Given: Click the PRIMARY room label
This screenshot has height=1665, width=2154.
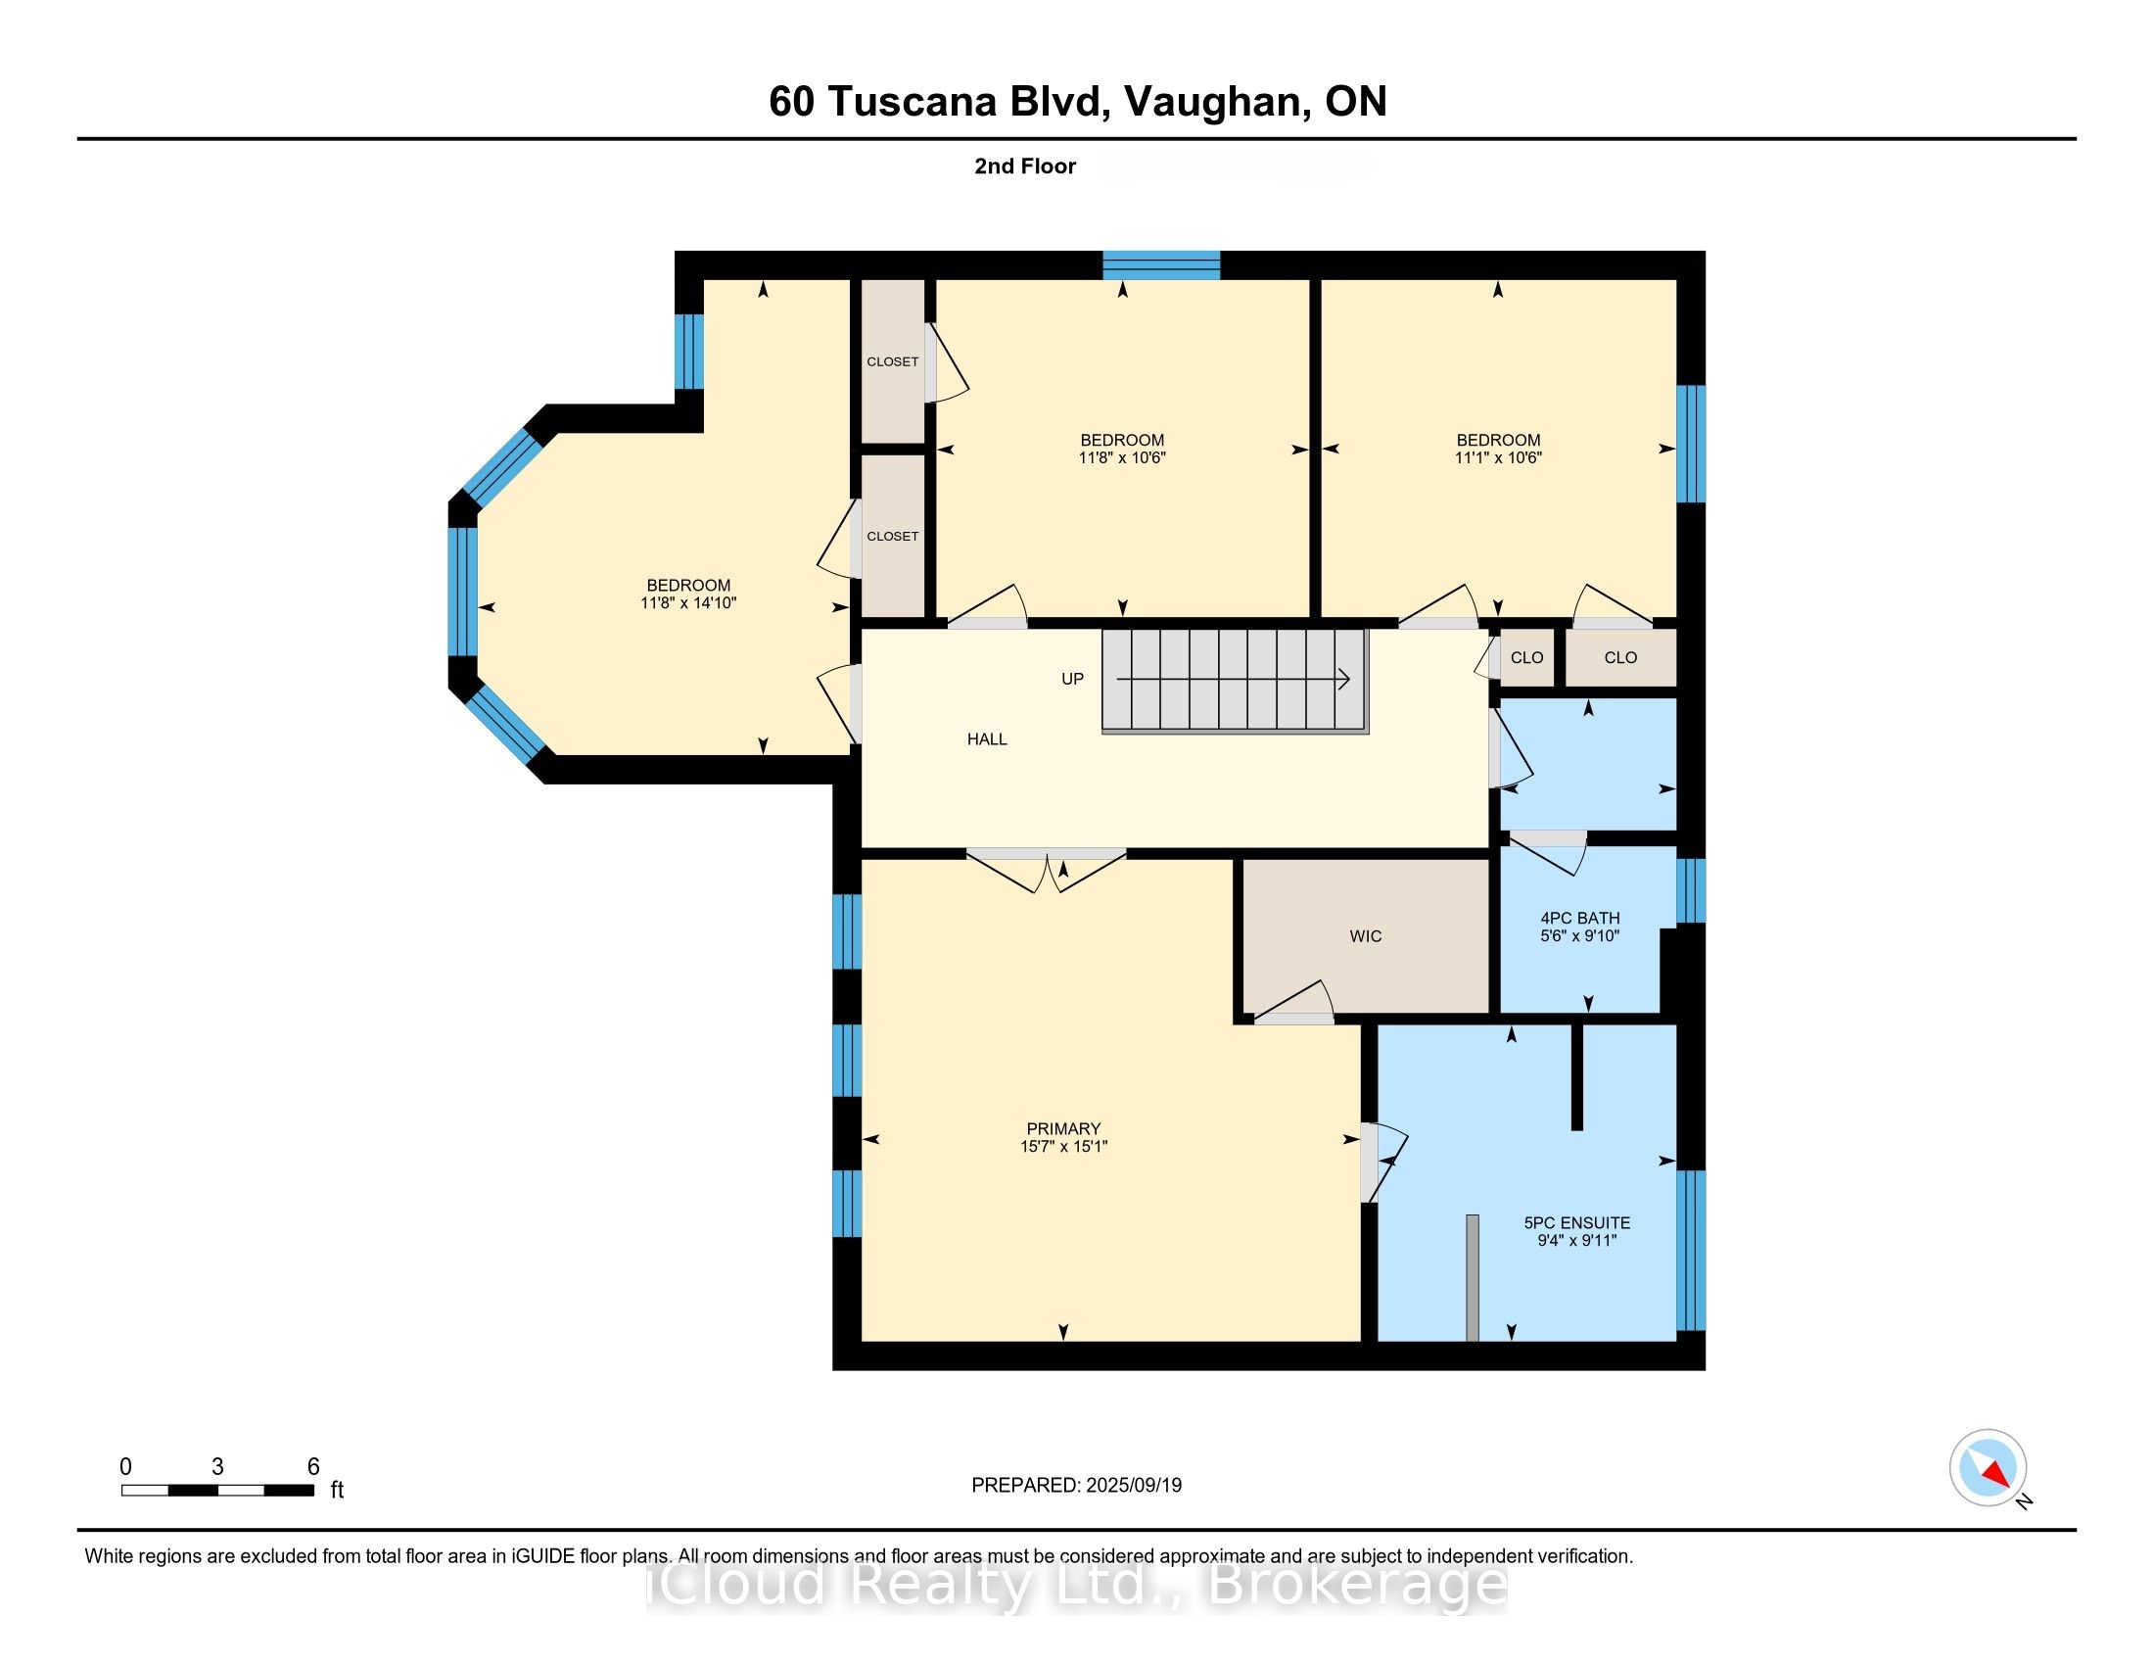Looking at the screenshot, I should (1062, 1128).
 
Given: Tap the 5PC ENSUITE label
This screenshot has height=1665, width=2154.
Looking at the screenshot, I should (1576, 1222).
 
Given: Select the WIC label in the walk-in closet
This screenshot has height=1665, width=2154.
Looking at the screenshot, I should (1365, 936).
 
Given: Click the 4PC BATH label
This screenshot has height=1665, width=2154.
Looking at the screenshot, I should (1579, 918).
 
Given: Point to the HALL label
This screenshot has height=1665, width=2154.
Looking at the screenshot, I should (986, 738).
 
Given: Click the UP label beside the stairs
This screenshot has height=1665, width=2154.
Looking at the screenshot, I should (1072, 679).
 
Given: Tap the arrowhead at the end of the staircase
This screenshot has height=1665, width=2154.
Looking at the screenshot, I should (1345, 679).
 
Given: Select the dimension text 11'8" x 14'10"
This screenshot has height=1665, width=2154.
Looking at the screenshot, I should (688, 602).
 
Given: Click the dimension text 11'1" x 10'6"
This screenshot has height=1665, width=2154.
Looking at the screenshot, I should (1497, 457).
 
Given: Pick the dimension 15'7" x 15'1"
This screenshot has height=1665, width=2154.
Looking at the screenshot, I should (1063, 1146).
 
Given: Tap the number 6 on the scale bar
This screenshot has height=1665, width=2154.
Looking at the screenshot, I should (312, 1466).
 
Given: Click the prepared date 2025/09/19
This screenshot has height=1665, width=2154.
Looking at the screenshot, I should (1132, 1486).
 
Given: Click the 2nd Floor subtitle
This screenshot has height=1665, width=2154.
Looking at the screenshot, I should (1025, 166).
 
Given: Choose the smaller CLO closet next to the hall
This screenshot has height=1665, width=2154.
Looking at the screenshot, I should (1525, 658).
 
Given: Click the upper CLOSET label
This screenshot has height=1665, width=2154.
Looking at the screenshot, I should (893, 362).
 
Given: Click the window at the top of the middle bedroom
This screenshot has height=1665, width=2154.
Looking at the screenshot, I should (1161, 265).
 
